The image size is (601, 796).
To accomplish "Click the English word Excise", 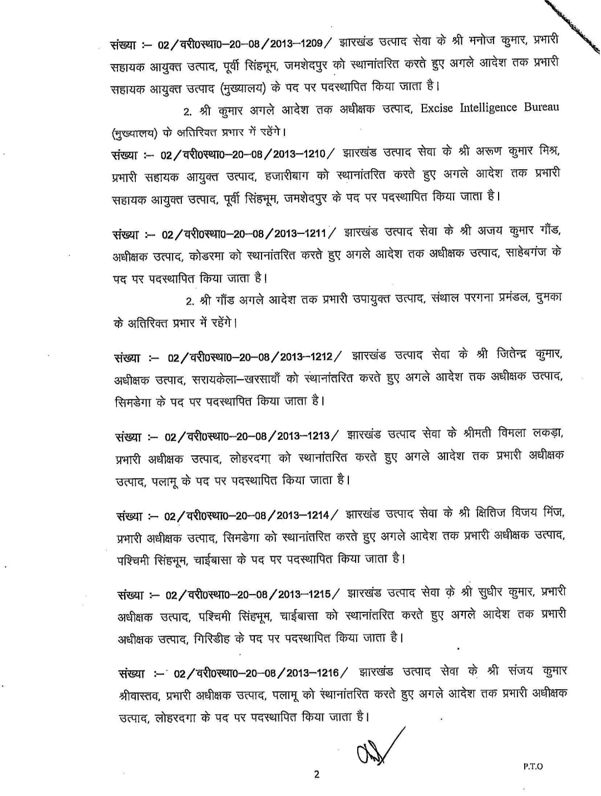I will pos(438,107).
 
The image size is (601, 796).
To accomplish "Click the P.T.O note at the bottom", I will pos(533,766).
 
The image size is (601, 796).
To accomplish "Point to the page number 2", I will pos(317,774).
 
